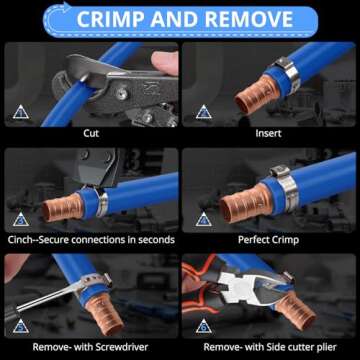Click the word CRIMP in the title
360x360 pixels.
pyautogui.click(x=118, y=19)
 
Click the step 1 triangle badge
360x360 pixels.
pyautogui.click(x=21, y=111)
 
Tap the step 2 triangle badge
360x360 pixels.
pyautogui.click(x=204, y=111)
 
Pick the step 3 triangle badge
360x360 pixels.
pyautogui.click(x=21, y=218)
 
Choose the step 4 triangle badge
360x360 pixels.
pyautogui.click(x=204, y=218)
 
